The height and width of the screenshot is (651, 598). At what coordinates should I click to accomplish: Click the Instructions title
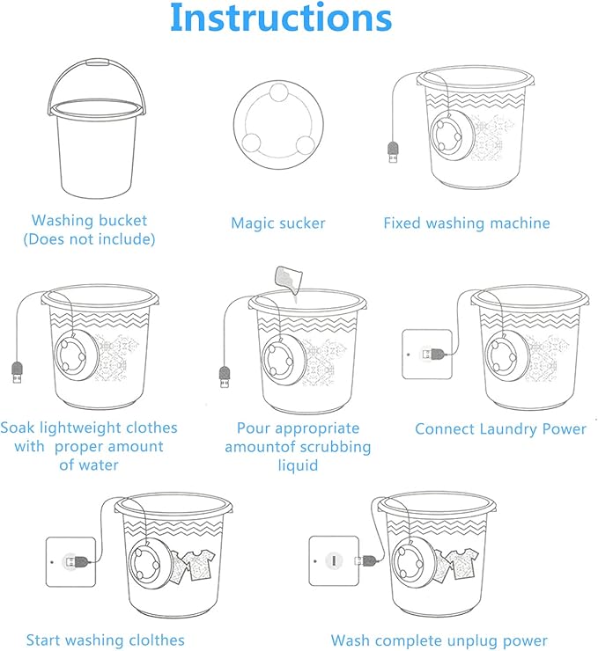point(280,19)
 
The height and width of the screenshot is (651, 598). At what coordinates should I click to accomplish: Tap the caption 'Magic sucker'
point(277,223)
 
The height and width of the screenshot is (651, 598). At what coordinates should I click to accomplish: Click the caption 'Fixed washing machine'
point(466,223)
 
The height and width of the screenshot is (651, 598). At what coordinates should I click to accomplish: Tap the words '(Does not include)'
point(89,238)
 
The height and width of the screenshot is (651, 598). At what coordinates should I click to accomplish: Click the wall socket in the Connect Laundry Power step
point(426,354)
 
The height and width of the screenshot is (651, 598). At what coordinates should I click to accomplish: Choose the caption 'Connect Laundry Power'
point(500,429)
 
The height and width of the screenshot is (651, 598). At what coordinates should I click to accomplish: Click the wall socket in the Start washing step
point(70,560)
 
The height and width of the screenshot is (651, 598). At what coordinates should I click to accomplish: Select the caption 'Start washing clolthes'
point(105,640)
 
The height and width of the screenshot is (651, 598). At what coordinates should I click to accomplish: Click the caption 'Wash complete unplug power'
point(439,640)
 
